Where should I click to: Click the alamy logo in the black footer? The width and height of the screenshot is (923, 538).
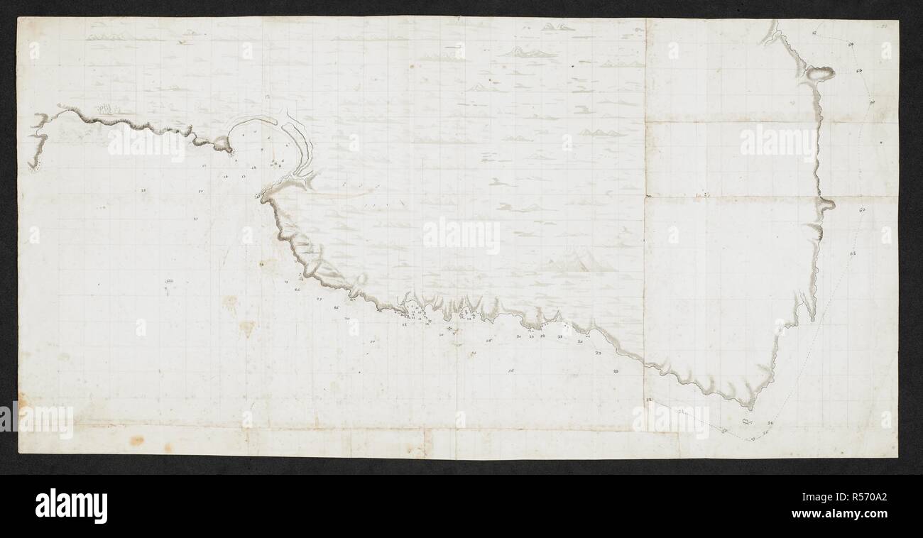(x=71, y=506)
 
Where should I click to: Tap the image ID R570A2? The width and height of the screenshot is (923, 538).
(x=861, y=496)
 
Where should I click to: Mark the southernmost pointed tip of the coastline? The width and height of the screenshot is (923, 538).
(x=750, y=407)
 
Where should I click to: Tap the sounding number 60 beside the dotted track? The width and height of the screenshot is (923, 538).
(x=862, y=210)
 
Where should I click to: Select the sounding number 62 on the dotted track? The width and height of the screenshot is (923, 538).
(x=852, y=253)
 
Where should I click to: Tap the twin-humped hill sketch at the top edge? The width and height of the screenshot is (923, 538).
(x=557, y=27)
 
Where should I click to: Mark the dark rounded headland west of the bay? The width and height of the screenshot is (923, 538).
(x=223, y=145)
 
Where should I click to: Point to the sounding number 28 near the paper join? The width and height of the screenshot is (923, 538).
(x=649, y=402)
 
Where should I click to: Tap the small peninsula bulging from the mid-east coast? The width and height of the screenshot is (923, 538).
(x=826, y=205)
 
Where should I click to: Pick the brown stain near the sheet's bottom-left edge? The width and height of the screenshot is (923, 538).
(x=136, y=440)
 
